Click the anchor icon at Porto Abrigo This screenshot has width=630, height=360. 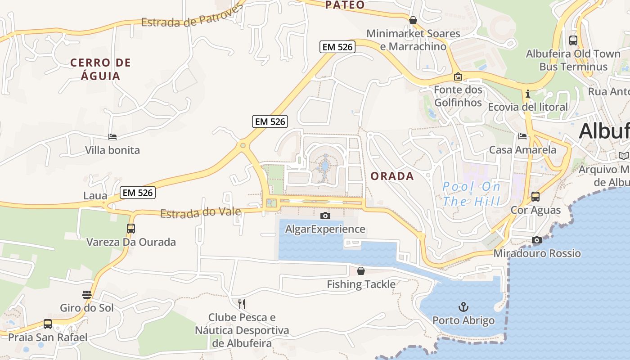coord(463,307)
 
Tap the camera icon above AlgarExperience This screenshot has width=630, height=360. coord(325,216)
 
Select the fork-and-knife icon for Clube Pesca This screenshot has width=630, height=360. coord(242,304)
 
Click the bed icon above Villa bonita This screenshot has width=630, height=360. coord(112,137)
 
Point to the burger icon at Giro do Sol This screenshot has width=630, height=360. coord(87,295)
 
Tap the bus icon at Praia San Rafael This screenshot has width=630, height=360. coord(47,324)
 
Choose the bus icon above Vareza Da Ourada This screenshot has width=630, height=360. coord(130,228)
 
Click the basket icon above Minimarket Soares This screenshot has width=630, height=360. coord(413,20)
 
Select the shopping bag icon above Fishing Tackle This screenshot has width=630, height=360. coord(360,271)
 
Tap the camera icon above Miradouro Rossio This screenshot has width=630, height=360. coord(536,240)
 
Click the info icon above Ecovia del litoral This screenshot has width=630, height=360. coord(528,94)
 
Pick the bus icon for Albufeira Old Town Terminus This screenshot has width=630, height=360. coord(573,40)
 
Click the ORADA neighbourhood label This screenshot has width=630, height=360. coord(392,176)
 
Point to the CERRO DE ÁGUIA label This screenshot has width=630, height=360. coord(100,69)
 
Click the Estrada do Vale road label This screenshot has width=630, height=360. coord(200,213)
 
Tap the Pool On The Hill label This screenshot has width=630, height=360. coord(471,193)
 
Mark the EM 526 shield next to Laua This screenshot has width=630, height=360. coord(138,193)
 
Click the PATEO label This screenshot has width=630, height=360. coord(345,5)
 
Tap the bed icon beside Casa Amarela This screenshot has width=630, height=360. coord(522,136)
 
